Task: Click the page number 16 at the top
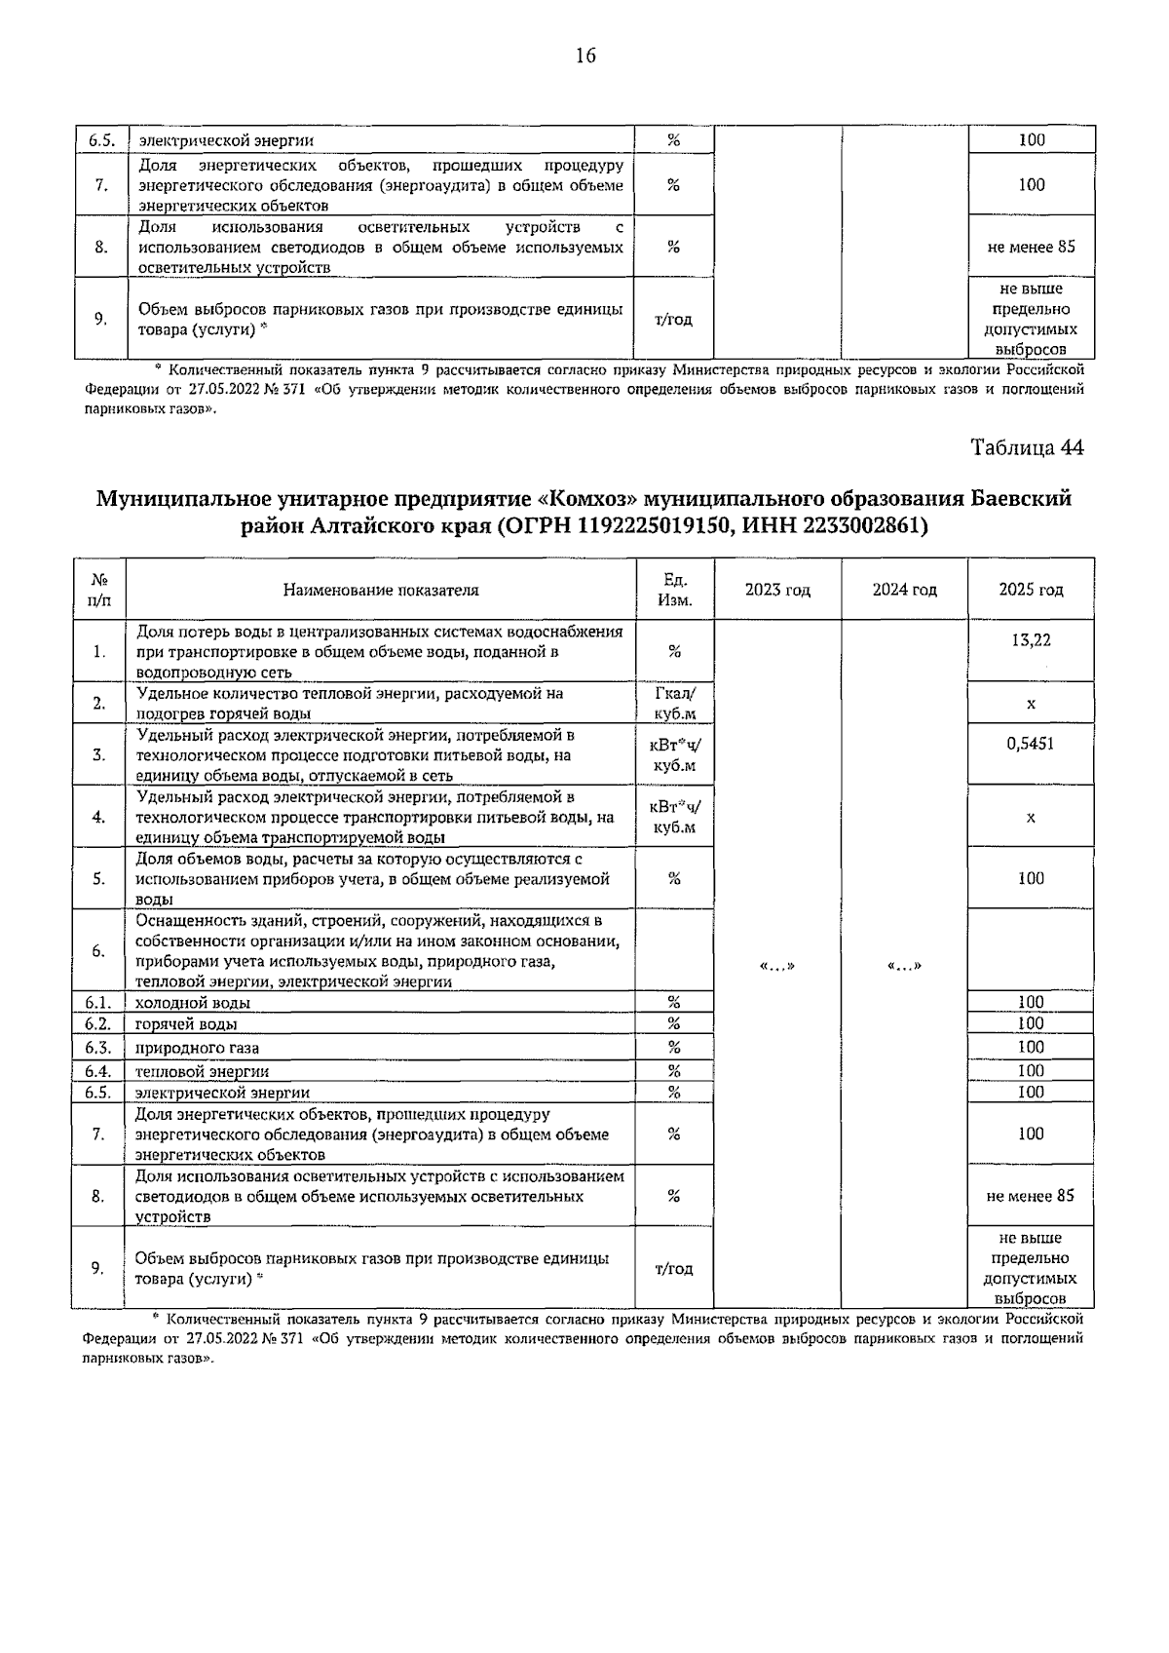pyautogui.click(x=584, y=56)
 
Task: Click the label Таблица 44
pyautogui.click(x=1027, y=447)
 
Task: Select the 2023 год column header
pyautogui.click(x=777, y=590)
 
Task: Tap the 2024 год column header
pyautogui.click(x=904, y=590)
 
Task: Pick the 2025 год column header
pyautogui.click(x=1031, y=590)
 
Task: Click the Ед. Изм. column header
pyautogui.click(x=674, y=590)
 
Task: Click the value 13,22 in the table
pyautogui.click(x=1031, y=640)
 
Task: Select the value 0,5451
pyautogui.click(x=1031, y=744)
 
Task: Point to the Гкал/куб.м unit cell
pyautogui.click(x=674, y=703)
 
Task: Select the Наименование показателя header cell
pyautogui.click(x=381, y=590)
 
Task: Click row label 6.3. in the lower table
pyautogui.click(x=97, y=1048)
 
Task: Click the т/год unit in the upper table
pyautogui.click(x=674, y=320)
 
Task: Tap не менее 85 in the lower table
pyautogui.click(x=1031, y=1196)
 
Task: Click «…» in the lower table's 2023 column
pyautogui.click(x=777, y=966)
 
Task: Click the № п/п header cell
pyautogui.click(x=98, y=590)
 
